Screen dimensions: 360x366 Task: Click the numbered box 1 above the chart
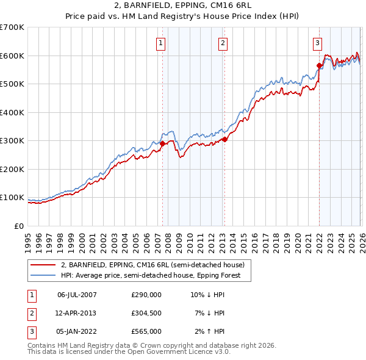160,43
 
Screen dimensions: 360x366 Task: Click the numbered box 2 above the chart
223,43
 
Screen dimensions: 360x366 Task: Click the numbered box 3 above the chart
318,43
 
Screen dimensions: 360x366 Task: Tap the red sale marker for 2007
162,143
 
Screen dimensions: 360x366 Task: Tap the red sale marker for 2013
224,139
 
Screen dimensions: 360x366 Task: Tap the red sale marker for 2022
319,65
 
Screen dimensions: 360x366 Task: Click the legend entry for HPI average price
151,275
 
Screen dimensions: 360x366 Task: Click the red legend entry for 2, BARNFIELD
152,265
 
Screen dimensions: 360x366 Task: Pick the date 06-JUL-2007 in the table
77,295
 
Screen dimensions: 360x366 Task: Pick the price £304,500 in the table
146,313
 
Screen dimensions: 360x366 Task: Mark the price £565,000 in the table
146,331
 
